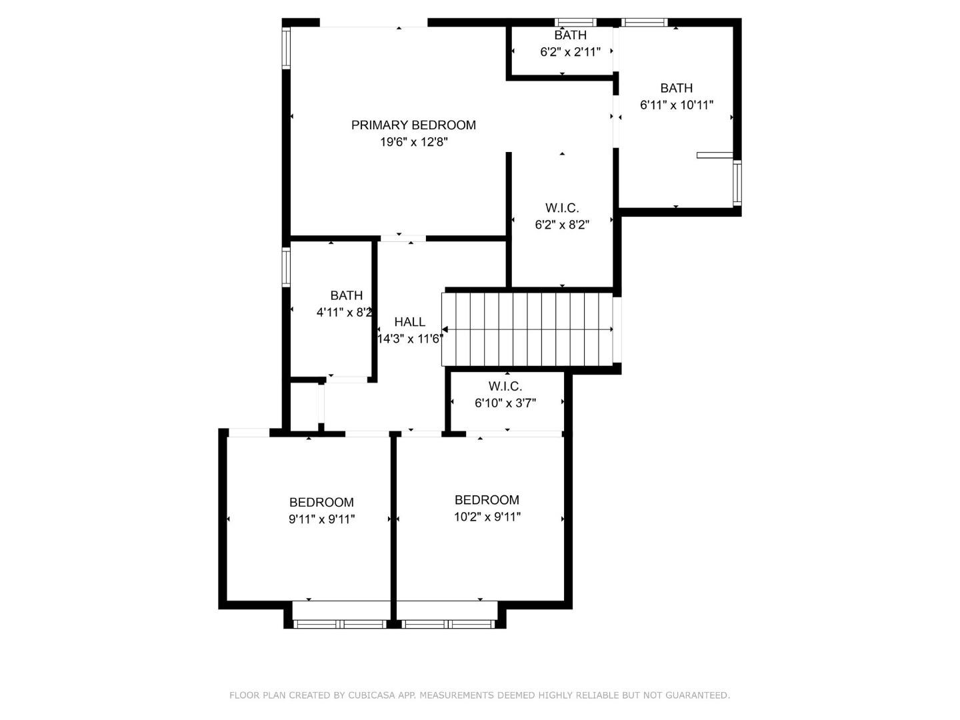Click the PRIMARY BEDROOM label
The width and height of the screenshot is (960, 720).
[x=413, y=125]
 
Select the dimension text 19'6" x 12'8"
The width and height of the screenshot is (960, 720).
[x=413, y=142]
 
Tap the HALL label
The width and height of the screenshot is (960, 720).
[x=409, y=321]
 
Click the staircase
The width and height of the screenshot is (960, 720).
[x=527, y=329]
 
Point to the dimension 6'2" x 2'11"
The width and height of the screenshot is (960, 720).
[x=570, y=52]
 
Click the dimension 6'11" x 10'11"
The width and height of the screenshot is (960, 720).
[x=676, y=105]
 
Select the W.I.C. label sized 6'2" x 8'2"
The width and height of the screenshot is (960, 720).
[x=562, y=208]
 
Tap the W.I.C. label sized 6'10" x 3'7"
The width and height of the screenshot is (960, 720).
[x=505, y=386]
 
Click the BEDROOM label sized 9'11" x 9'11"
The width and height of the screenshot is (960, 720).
[x=321, y=502]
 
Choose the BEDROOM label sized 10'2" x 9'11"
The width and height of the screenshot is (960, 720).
[x=487, y=499]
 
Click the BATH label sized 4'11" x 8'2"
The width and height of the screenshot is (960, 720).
[x=346, y=295]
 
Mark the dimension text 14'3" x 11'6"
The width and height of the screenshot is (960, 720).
[x=409, y=339]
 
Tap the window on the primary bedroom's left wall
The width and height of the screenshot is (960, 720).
[x=286, y=48]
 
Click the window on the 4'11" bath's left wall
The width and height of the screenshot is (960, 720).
[x=286, y=267]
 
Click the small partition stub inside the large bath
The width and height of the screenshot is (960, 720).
[x=715, y=155]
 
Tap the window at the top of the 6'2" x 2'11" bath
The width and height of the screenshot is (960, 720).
[x=576, y=23]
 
